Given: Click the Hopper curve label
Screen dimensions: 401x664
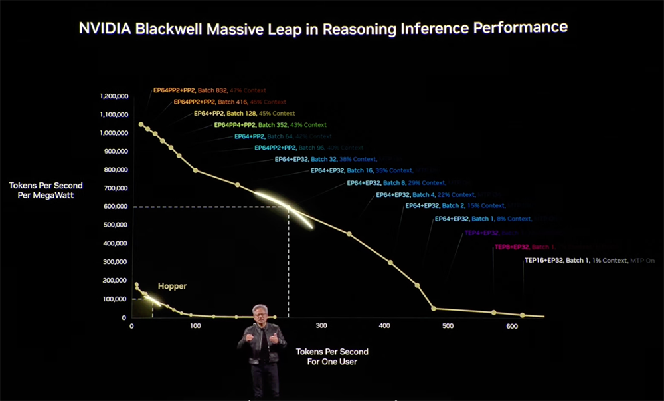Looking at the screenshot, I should pyautogui.click(x=172, y=286).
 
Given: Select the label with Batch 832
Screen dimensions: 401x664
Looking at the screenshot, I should pyautogui.click(x=209, y=90).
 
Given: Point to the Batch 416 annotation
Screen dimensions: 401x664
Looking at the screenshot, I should pyautogui.click(x=229, y=102).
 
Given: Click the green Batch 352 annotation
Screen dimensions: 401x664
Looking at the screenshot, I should pyautogui.click(x=270, y=125).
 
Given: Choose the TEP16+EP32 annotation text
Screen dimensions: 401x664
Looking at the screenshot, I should pyautogui.click(x=590, y=261).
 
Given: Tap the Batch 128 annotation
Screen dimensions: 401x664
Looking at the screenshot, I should pyautogui.click(x=244, y=114).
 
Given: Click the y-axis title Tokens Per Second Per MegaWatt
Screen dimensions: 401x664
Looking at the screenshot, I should pyautogui.click(x=45, y=190).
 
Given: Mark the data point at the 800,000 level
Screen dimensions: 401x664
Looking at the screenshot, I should pyautogui.click(x=195, y=170).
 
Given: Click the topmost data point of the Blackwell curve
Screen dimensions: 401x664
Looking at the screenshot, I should pyautogui.click(x=141, y=124).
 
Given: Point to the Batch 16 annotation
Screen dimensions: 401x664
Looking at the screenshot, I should pyautogui.click(x=361, y=171).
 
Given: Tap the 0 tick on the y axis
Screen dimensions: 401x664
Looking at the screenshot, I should pyautogui.click(x=124, y=318).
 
